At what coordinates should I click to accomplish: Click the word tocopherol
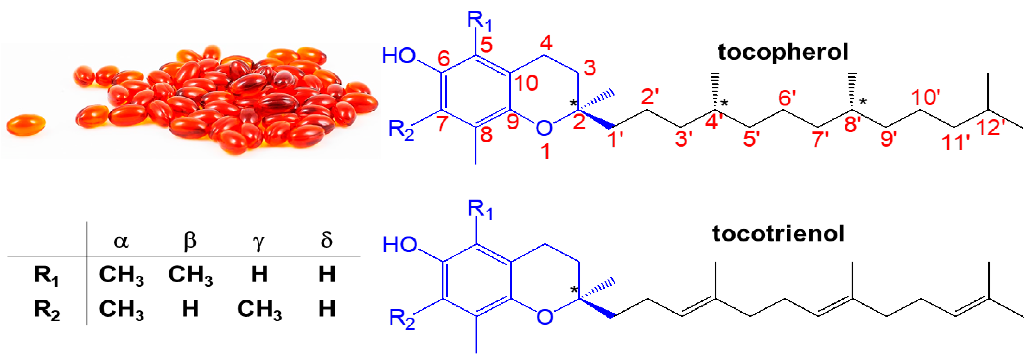(x=782, y=53)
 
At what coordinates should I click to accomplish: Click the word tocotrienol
(x=778, y=234)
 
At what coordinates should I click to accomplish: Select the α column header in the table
(x=121, y=241)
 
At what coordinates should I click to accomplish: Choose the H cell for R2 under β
(x=190, y=309)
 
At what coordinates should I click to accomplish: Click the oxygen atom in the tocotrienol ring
(x=544, y=317)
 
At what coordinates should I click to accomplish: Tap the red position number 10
(x=526, y=83)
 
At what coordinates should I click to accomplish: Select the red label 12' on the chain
(x=990, y=128)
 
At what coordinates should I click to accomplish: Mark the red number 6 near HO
(x=443, y=59)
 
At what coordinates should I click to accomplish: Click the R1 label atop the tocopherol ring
(x=479, y=20)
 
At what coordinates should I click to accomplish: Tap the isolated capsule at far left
(x=25, y=125)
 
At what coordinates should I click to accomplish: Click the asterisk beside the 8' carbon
(x=863, y=102)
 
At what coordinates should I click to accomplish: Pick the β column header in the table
(x=190, y=241)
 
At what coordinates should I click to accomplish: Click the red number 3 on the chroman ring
(x=590, y=68)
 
